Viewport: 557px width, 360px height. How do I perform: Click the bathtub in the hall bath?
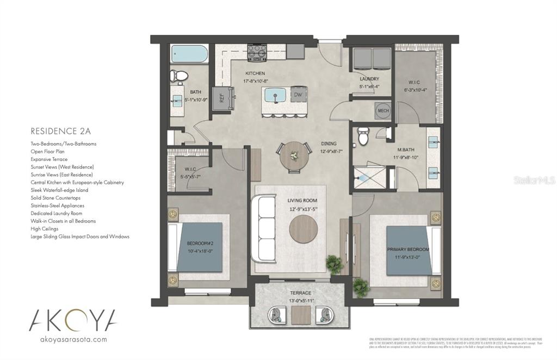coord(189,54)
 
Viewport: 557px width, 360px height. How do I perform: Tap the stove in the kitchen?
coord(256,52)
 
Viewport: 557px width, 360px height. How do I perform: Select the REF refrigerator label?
coord(221,98)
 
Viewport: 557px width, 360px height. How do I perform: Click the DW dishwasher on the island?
coord(298,95)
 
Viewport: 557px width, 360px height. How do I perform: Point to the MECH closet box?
coord(383,111)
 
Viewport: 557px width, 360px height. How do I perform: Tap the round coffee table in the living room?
coord(304,229)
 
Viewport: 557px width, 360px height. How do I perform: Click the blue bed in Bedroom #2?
coord(200,246)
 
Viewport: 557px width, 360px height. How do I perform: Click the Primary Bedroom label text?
coord(408,249)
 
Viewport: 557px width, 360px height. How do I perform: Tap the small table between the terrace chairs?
coord(300,314)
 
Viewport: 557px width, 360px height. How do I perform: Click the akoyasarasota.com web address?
coord(73,339)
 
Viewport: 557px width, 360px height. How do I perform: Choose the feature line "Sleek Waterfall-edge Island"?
coord(59,190)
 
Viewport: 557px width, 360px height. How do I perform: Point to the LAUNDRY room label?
coord(369,79)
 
